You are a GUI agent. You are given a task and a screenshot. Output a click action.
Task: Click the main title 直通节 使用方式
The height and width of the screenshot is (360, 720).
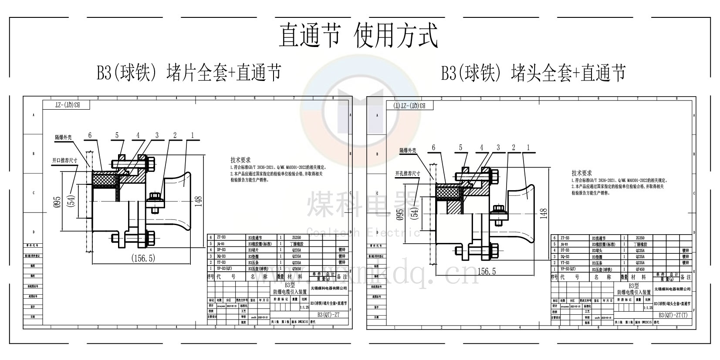click(358, 35)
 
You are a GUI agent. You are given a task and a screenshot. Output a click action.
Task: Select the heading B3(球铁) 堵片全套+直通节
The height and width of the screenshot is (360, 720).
click(189, 73)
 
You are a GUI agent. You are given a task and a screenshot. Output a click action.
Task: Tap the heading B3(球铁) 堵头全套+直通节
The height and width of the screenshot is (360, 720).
click(533, 73)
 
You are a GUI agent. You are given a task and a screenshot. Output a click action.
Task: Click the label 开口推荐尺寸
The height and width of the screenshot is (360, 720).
click(64, 160)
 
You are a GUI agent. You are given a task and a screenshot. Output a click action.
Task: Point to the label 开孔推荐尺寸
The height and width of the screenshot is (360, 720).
click(408, 173)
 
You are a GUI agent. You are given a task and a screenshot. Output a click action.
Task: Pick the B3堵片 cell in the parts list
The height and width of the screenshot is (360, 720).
click(255, 250)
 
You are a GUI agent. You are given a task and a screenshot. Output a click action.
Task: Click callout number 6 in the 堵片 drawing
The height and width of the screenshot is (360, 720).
click(90, 135)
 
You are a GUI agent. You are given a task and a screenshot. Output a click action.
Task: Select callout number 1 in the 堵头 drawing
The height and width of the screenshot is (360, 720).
click(528, 148)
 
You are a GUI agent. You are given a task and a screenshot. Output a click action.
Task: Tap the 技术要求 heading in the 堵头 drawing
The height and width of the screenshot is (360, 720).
click(582, 173)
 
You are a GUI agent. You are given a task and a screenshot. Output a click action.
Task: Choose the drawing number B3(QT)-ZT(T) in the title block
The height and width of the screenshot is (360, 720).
click(673, 315)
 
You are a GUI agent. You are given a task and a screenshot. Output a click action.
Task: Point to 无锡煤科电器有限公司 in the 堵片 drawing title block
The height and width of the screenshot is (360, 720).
click(329, 288)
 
